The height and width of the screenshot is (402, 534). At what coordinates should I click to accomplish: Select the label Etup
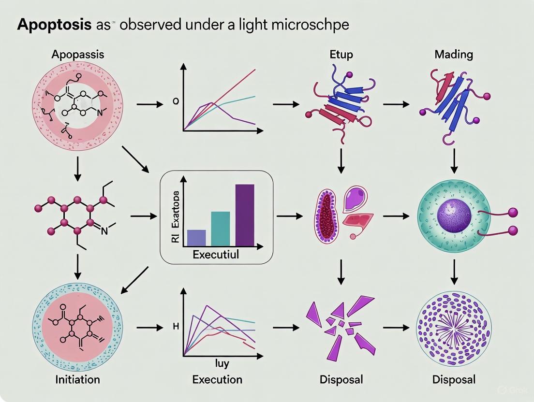pos(341,54)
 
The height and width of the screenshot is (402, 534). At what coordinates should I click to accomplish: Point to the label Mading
pos(453,54)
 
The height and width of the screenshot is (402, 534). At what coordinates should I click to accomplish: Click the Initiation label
pos(78,380)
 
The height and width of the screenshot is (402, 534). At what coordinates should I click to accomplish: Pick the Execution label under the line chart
pos(217,380)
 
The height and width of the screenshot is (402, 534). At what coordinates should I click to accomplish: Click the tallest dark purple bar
pos(244,215)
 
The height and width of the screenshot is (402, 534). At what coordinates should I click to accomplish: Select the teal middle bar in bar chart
pos(221,229)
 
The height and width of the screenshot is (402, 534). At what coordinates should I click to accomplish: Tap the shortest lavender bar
pos(196,237)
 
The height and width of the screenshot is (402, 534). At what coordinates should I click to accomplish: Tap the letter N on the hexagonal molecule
pos(104,231)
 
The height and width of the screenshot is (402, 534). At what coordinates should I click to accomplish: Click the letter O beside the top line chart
pos(176,102)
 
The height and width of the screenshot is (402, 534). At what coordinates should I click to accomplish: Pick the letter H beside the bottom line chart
pos(176,327)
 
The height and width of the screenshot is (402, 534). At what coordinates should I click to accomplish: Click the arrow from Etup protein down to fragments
pos(341,161)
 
